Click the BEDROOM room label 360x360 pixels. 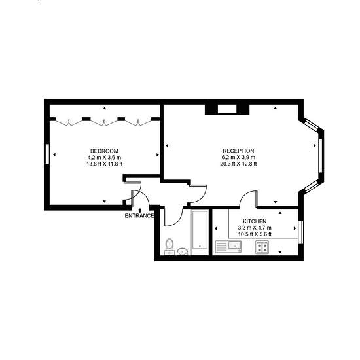click(x=105, y=151)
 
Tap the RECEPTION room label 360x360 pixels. click(x=238, y=151)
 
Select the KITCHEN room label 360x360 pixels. click(x=255, y=221)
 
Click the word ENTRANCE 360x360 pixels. click(x=139, y=216)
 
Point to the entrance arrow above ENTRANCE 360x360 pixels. click(x=140, y=210)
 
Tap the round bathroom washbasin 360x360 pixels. click(x=183, y=251)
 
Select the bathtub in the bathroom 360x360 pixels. click(x=200, y=232)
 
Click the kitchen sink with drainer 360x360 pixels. click(x=228, y=246)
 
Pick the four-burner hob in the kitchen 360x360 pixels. click(x=262, y=247)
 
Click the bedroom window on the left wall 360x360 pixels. click(x=47, y=154)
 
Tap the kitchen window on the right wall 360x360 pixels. click(x=300, y=232)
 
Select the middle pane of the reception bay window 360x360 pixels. click(x=321, y=155)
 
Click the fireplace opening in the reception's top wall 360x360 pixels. click(x=227, y=109)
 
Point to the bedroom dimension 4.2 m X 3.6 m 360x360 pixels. click(x=104, y=158)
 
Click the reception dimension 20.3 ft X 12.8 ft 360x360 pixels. click(x=238, y=164)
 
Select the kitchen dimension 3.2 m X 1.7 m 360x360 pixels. click(x=255, y=228)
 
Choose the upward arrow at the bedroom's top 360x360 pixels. click(x=105, y=108)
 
